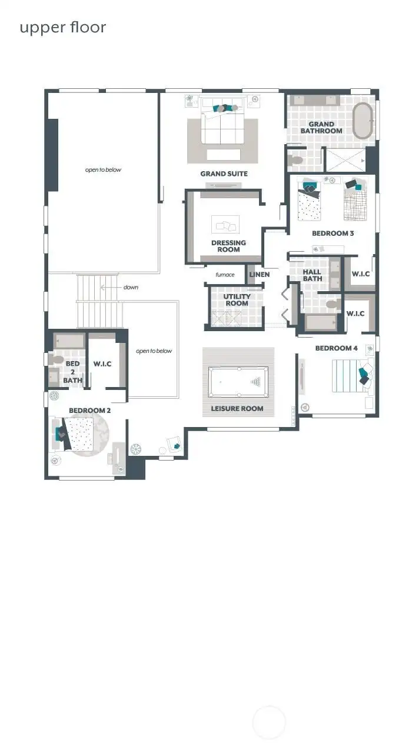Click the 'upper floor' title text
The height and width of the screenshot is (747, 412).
click(x=63, y=28)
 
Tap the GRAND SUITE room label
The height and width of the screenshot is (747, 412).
click(x=224, y=174)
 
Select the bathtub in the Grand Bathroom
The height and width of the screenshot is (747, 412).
click(x=363, y=121)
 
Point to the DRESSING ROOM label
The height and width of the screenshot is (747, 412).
click(x=228, y=246)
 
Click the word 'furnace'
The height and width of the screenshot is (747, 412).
click(x=225, y=275)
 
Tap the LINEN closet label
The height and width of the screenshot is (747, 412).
click(x=259, y=275)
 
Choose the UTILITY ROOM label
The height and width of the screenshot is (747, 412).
click(x=237, y=300)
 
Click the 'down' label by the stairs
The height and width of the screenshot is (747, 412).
click(x=131, y=288)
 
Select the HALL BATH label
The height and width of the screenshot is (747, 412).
click(x=312, y=275)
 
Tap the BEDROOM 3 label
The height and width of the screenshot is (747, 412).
click(x=333, y=234)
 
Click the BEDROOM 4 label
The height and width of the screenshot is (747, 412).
click(x=336, y=348)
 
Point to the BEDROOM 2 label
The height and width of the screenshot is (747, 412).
click(x=89, y=410)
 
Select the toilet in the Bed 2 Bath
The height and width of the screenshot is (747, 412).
click(x=57, y=358)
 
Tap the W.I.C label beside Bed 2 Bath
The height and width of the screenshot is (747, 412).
click(x=102, y=364)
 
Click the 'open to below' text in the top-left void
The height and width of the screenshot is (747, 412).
click(x=103, y=170)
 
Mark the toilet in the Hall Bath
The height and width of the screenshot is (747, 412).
click(x=333, y=305)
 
